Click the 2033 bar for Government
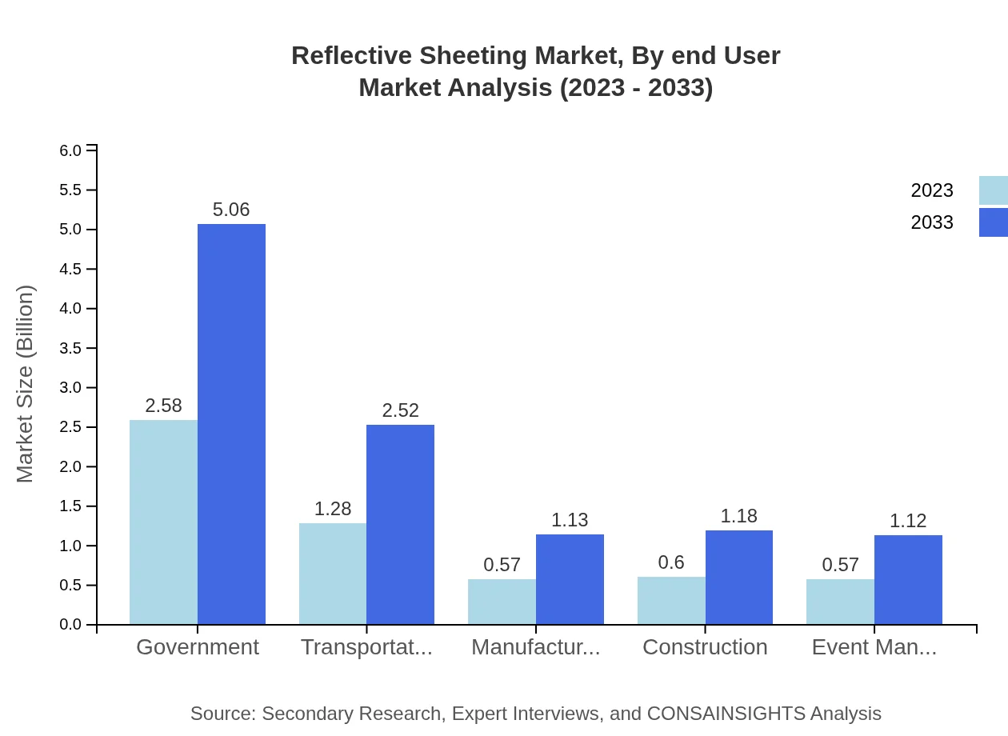pyautogui.click(x=231, y=424)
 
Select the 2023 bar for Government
pyautogui.click(x=163, y=522)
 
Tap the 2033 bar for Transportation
pyautogui.click(x=400, y=524)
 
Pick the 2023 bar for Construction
pyautogui.click(x=671, y=600)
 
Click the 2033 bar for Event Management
pyautogui.click(x=908, y=579)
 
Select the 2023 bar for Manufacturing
pyautogui.click(x=502, y=601)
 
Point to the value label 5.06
pyautogui.click(x=231, y=210)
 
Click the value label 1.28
pyautogui.click(x=333, y=509)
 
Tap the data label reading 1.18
pyautogui.click(x=738, y=516)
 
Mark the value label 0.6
pyautogui.click(x=671, y=562)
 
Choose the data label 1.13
pyautogui.click(x=570, y=520)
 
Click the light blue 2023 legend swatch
pyautogui.click(x=993, y=190)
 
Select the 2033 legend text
pyautogui.click(x=932, y=222)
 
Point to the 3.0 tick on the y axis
pyautogui.click(x=72, y=388)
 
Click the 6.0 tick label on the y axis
pyautogui.click(x=72, y=150)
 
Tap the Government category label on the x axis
pyautogui.click(x=198, y=647)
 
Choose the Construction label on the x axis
pyautogui.click(x=705, y=647)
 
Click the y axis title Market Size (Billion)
pyautogui.click(x=26, y=384)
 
